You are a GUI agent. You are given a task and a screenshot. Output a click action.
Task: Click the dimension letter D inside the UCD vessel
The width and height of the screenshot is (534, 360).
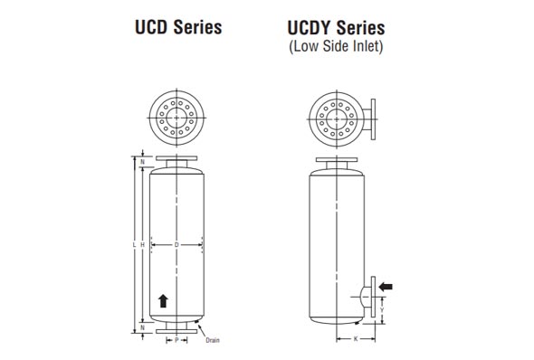click(x=176, y=245)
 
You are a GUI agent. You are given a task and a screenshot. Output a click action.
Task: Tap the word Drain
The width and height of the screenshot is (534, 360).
click(x=212, y=341)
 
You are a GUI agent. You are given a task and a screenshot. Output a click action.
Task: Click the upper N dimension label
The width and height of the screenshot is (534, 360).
click(x=143, y=164)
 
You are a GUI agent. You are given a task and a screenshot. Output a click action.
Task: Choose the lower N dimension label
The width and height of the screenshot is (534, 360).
click(x=143, y=327)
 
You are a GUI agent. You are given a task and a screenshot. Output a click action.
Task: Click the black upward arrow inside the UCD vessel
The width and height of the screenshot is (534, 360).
click(x=163, y=300)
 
